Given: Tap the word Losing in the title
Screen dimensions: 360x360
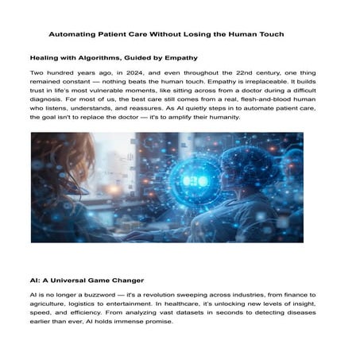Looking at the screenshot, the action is click(x=206, y=35).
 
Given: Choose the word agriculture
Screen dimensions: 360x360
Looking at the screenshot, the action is click(x=53, y=306).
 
